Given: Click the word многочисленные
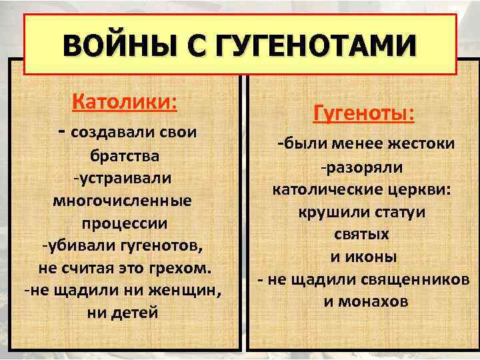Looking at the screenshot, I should [x=125, y=200].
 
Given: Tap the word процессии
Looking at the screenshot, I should [x=125, y=222].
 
